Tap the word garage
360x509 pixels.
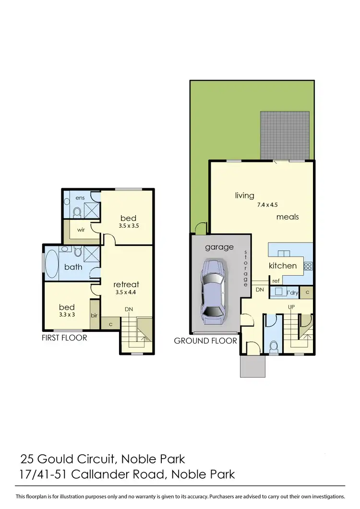point(219,247)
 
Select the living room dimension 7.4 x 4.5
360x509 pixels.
point(267,205)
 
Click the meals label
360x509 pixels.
point(288,217)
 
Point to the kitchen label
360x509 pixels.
point(283,266)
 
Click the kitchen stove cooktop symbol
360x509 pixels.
point(308,266)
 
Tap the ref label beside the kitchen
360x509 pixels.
point(276,281)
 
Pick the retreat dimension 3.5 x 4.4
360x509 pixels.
point(126,292)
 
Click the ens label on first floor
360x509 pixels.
point(80,197)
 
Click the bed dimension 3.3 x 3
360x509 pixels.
point(66,315)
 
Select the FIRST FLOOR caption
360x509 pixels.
point(64,338)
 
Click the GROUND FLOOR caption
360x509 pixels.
point(205,341)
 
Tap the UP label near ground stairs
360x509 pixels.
point(291,306)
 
